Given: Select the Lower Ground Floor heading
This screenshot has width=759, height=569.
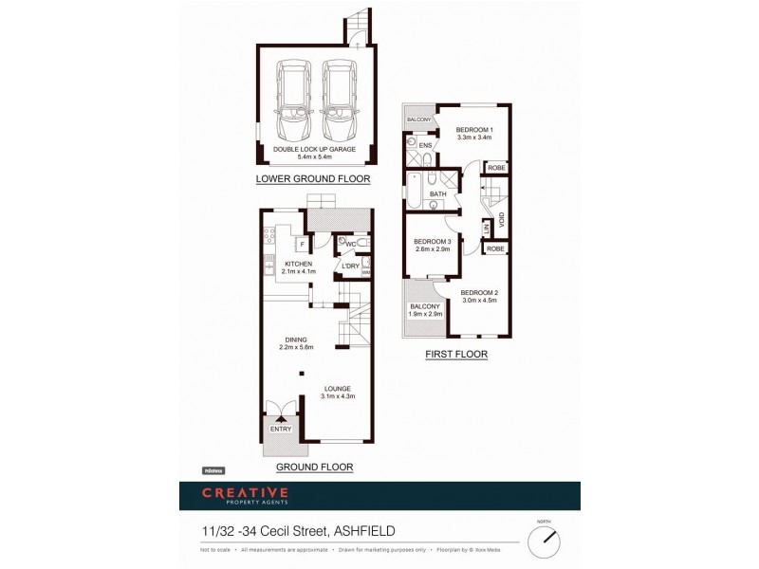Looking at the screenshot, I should coord(312,178).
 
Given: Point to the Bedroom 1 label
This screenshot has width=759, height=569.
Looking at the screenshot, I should coord(473,129).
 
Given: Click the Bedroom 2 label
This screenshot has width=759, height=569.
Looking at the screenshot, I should coord(478,292).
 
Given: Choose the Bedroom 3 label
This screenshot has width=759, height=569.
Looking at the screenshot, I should coord(432,241).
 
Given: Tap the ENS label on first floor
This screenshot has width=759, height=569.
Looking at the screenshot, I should coord(425,145).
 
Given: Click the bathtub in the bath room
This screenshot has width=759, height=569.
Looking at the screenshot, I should coord(416,192).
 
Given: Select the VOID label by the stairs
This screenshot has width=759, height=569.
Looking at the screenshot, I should coord(502,219).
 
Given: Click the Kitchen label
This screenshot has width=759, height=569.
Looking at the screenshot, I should coord(299,264).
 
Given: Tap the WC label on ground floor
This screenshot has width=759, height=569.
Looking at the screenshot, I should coord(350,244).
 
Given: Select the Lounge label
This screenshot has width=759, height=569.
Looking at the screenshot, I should coord(337,388).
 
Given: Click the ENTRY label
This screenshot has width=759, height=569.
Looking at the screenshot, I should coord(281,429).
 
